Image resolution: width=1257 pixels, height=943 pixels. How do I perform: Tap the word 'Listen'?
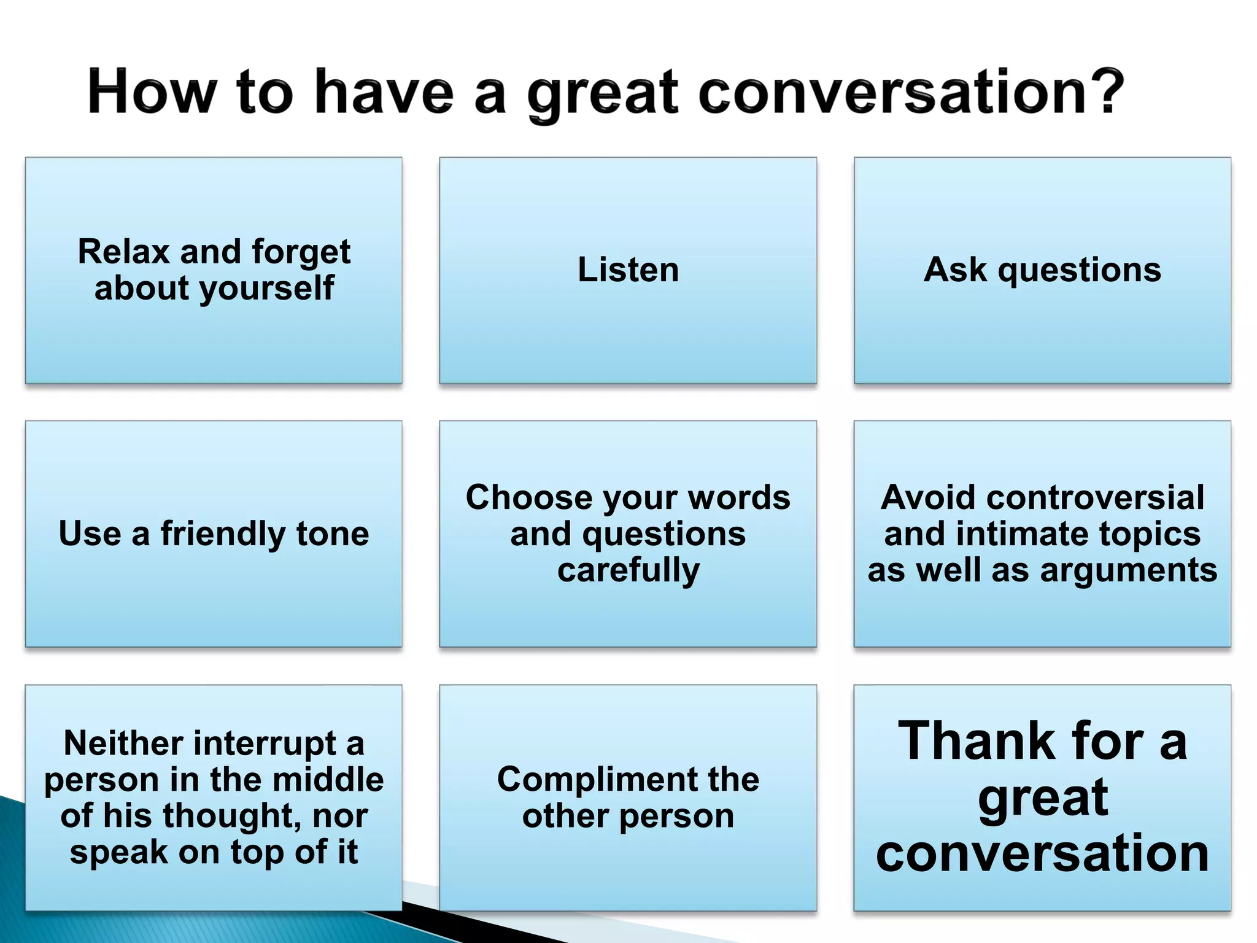[628, 270]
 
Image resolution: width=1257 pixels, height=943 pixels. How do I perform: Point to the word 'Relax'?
[124, 251]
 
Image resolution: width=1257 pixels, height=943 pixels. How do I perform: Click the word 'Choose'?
[528, 497]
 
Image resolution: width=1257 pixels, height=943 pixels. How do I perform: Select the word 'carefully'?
[628, 570]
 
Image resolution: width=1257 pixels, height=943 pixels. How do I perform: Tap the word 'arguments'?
[1129, 570]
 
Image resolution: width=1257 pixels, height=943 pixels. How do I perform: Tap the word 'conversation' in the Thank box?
[1042, 853]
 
